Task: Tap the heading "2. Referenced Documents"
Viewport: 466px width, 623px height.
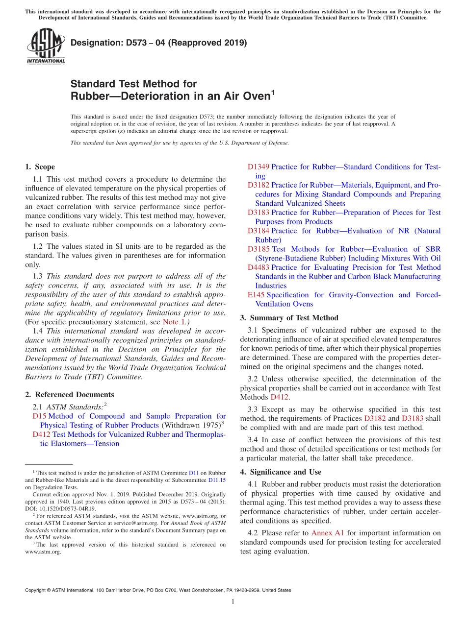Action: [69, 394]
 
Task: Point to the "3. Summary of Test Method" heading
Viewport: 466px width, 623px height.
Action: [289, 317]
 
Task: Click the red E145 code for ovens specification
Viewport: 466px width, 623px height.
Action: [256, 295]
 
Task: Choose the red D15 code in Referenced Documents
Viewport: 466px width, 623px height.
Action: [39, 416]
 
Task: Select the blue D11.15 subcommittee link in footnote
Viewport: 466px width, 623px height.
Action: [217, 480]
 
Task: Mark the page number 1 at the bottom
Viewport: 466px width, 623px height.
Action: [233, 602]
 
